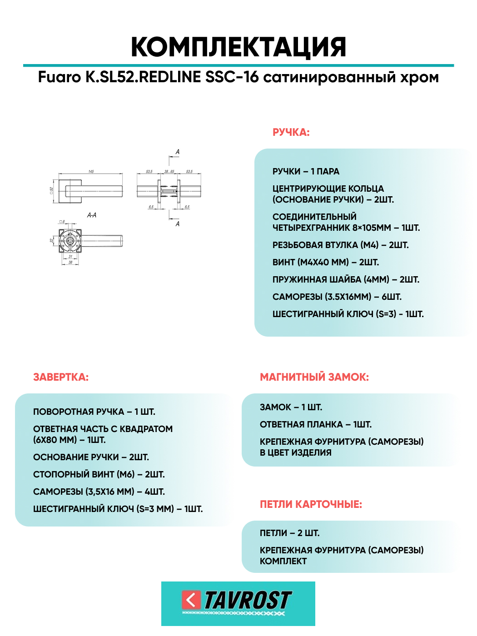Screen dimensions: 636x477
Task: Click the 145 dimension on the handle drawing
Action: pos(91,172)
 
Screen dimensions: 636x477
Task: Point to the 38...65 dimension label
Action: pos(169,172)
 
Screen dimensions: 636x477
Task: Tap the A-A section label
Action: pos(92,215)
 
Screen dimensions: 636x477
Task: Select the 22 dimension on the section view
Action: pos(52,240)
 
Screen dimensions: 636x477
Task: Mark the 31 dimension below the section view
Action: pos(70,257)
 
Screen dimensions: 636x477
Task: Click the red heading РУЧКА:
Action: pos(291,133)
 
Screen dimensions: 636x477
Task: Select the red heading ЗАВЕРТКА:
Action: pos(61,377)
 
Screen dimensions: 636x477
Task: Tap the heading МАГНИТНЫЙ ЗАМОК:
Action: pos(314,377)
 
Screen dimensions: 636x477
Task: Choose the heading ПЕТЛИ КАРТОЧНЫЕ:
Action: pos(311,504)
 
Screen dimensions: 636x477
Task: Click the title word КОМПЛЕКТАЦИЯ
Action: pos(238,47)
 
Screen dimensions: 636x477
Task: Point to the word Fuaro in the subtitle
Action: pos(59,77)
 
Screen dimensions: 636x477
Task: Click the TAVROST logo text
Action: pos(247,601)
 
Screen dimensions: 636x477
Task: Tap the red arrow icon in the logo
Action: pos(191,600)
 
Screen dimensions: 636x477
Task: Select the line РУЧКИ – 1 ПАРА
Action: pos(306,171)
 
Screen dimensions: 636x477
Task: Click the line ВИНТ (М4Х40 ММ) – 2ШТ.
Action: pos(325,262)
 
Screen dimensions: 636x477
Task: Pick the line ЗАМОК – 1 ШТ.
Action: pos(291,407)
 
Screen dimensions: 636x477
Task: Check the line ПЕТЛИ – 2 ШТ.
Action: pos(289,533)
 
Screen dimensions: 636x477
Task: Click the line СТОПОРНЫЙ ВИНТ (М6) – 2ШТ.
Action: pos(99,474)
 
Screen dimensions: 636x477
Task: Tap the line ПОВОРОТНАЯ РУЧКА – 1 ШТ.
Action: pos(94,412)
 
